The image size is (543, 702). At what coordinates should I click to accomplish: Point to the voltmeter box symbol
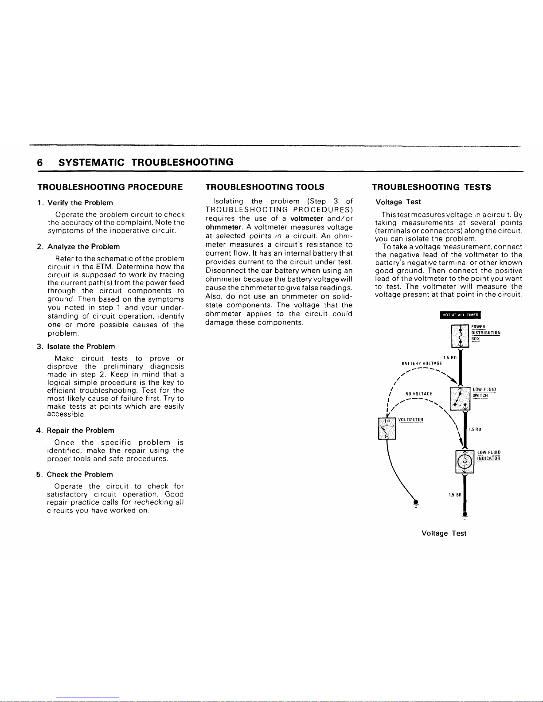[387, 428]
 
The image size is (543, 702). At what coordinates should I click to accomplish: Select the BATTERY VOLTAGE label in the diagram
[422, 363]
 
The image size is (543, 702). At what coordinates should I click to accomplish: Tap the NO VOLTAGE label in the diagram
[419, 393]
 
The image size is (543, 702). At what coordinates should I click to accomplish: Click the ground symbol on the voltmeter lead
[416, 503]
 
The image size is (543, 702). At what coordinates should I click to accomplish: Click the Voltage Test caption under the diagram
[444, 533]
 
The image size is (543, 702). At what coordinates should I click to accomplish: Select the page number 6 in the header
[40, 162]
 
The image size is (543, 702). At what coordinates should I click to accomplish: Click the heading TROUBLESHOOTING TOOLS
[265, 187]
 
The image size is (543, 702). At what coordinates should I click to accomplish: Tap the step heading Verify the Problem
[80, 203]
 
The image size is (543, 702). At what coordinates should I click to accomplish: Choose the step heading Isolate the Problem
[81, 346]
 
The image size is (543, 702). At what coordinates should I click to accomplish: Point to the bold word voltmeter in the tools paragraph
[306, 219]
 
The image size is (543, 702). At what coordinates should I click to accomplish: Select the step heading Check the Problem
[80, 474]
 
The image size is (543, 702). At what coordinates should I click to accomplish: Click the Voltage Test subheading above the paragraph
[398, 202]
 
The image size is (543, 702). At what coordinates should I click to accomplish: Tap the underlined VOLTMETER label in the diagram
[411, 419]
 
